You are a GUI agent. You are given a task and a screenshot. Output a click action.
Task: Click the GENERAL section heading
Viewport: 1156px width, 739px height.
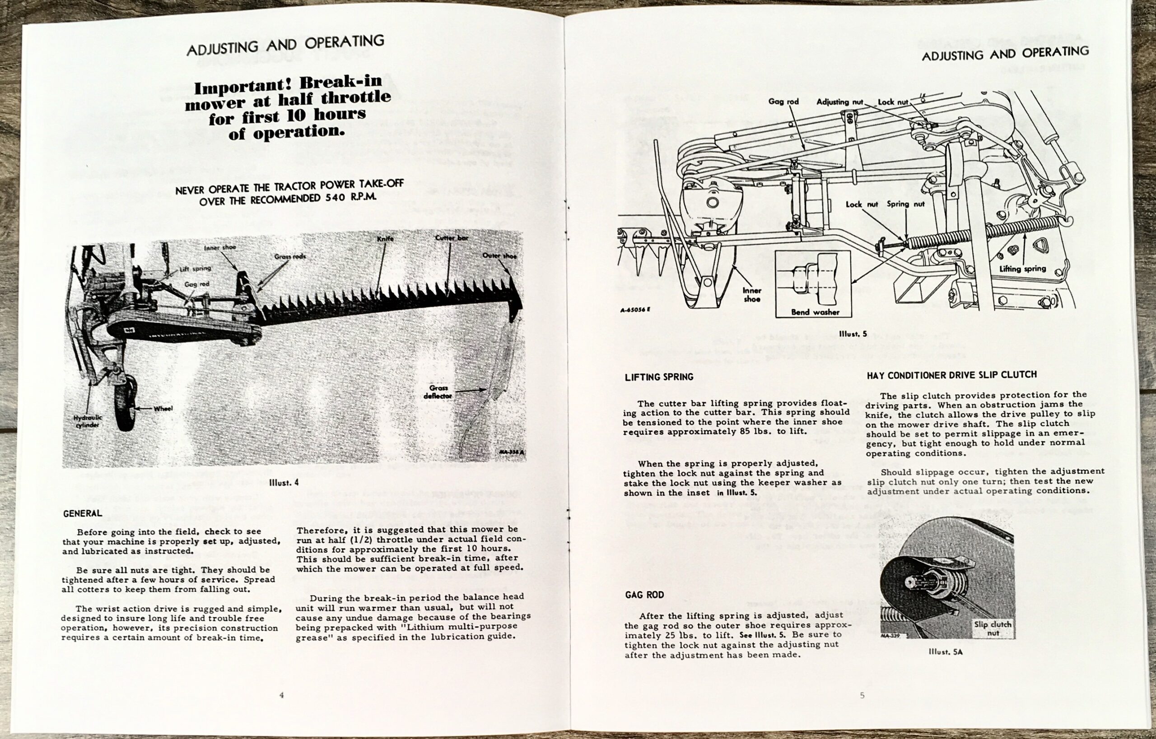(83, 513)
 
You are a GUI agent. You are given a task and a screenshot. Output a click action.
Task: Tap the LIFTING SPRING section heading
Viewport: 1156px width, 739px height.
(659, 377)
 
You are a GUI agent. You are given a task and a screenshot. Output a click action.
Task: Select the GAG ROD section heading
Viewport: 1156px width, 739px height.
(644, 595)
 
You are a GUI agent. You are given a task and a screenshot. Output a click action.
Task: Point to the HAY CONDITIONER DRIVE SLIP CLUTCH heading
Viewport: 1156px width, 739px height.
(951, 375)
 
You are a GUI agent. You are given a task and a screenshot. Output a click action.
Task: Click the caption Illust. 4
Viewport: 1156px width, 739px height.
(284, 482)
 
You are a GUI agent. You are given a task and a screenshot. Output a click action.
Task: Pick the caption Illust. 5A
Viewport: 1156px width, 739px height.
(945, 651)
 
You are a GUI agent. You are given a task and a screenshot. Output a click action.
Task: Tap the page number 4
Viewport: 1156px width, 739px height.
(281, 695)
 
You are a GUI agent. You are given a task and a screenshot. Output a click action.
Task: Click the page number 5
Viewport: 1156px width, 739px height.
(862, 695)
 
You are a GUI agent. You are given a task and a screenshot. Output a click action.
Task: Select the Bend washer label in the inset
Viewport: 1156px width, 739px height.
(815, 312)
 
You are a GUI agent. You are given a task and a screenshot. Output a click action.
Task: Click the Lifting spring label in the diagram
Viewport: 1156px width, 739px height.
(1022, 268)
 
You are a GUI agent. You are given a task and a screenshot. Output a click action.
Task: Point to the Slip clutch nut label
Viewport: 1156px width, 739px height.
(992, 628)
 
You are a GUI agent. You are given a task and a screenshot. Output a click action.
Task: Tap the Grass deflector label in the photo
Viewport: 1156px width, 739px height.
(438, 392)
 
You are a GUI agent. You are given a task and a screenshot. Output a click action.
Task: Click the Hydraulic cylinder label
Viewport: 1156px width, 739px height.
(88, 421)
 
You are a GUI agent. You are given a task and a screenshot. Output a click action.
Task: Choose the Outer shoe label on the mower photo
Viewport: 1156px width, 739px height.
(499, 256)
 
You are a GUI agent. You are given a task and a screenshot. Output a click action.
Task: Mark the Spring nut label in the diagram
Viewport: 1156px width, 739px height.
(905, 204)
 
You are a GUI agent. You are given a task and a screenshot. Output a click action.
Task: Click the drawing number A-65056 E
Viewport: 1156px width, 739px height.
(635, 309)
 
